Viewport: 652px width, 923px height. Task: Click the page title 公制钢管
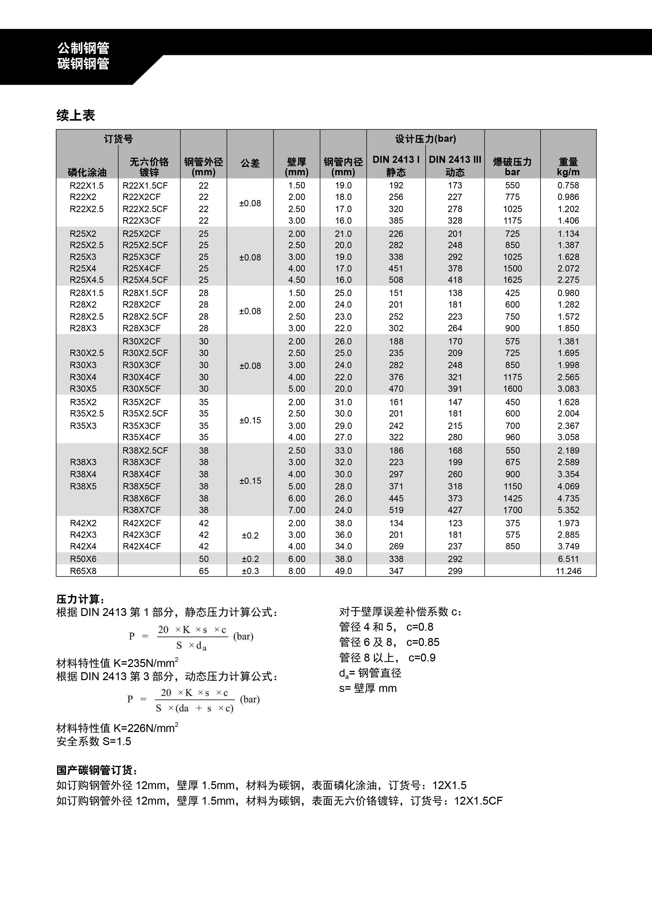coord(83,48)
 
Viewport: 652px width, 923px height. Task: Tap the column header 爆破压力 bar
coord(512,167)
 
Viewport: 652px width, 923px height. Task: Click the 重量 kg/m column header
coord(568,167)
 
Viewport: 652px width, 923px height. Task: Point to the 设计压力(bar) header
coord(425,139)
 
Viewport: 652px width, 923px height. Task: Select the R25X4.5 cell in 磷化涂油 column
coord(86,280)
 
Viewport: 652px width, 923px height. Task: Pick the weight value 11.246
coord(568,571)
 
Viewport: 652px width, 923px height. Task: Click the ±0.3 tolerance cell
coord(250,571)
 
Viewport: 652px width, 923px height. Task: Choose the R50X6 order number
coord(83,559)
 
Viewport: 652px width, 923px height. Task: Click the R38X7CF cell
coord(141,510)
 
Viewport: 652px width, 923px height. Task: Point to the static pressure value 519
coord(396,510)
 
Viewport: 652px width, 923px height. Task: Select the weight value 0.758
coord(568,186)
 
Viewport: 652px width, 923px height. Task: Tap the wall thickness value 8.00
coord(297,571)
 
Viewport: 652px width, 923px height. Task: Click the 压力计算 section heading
coord(80,599)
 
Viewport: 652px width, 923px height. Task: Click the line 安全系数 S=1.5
coord(94,741)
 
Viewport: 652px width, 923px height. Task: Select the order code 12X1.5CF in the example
coord(478,801)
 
